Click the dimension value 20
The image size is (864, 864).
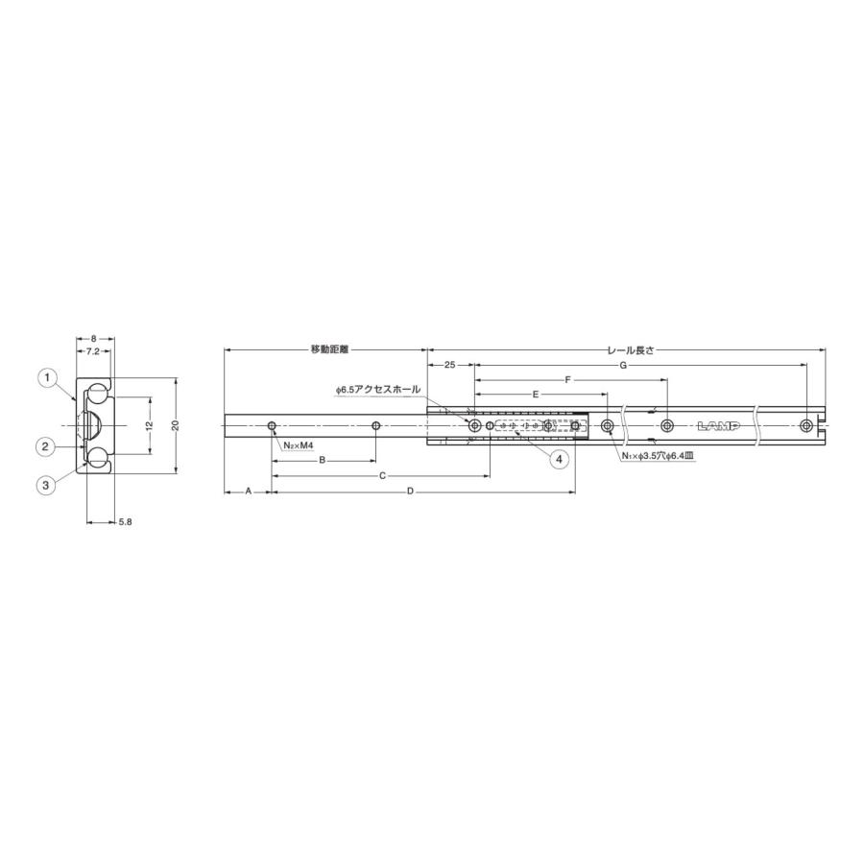[x=176, y=425]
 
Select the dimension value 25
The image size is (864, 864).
[x=449, y=366]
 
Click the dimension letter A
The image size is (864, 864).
[x=248, y=491]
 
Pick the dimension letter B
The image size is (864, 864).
[x=323, y=461]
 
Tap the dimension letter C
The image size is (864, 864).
[x=381, y=475]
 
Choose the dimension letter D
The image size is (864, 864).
[x=410, y=491]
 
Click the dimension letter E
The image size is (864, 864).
[x=536, y=395]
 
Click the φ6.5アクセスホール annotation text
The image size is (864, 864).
[x=378, y=390]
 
